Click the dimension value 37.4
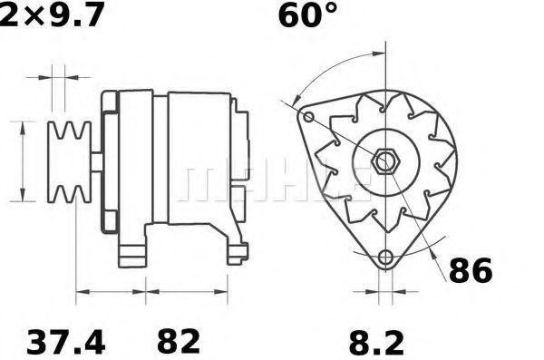(65, 343)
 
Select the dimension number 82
(179, 343)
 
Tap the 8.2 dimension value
(376, 344)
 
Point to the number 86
(471, 271)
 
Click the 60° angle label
(307, 15)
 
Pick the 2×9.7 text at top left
(52, 15)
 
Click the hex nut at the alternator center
(385, 161)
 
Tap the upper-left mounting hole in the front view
(308, 117)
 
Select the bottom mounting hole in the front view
(385, 258)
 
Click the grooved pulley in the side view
(69, 161)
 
